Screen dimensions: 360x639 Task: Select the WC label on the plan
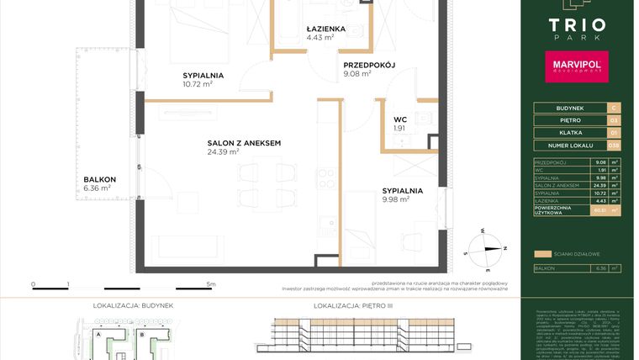pyautogui.click(x=399, y=119)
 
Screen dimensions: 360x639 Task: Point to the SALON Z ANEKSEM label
pyautogui.click(x=244, y=143)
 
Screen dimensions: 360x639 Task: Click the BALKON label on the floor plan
pyautogui.click(x=99, y=180)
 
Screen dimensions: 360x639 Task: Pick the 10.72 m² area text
pyautogui.click(x=198, y=84)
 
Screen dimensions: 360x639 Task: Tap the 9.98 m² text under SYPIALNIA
pyautogui.click(x=395, y=200)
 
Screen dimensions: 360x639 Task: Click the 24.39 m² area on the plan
pyautogui.click(x=223, y=152)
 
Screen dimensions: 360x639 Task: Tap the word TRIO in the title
pyautogui.click(x=578, y=24)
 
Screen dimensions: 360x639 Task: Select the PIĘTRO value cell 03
pyautogui.click(x=614, y=120)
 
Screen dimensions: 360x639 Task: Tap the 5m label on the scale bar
pyautogui.click(x=211, y=284)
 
